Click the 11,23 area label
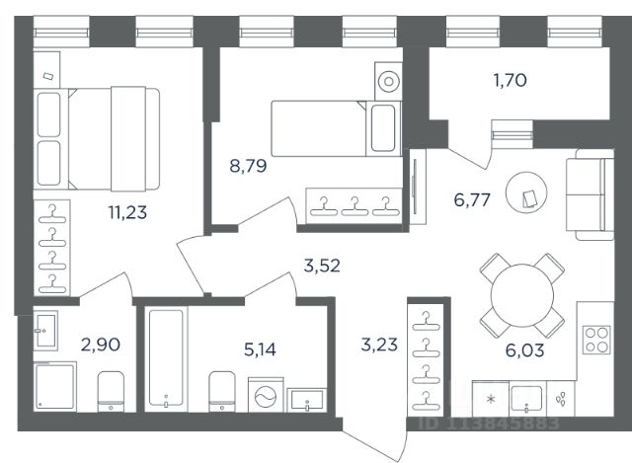point(127,212)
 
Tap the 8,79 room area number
point(248,166)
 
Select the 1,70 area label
point(510,80)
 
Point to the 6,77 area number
point(472,199)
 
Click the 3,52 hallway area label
point(322,266)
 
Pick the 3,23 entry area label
point(379,345)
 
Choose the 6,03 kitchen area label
point(524,350)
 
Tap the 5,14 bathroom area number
point(260,349)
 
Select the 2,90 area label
point(101,345)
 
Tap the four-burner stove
point(596,340)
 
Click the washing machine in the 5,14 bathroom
point(266,395)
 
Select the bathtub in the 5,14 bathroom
point(166,358)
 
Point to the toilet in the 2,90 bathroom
point(111,391)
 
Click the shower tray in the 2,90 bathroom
point(55,386)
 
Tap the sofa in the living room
point(591,194)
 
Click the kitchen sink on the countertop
point(526,398)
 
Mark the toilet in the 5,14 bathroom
point(222,391)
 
